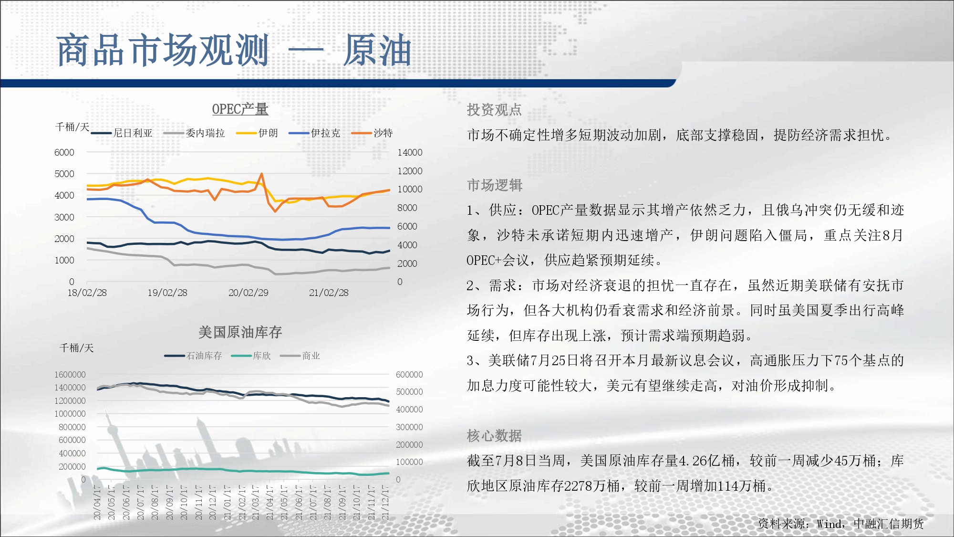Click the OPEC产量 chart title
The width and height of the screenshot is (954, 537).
[240, 109]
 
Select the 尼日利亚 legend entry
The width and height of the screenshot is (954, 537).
[122, 133]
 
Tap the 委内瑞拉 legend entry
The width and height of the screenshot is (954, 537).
[194, 133]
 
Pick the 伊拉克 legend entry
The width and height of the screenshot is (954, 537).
[314, 133]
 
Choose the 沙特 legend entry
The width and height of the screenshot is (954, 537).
[372, 133]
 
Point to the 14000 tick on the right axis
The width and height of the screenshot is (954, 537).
[410, 152]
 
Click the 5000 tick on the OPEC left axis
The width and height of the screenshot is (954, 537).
[64, 174]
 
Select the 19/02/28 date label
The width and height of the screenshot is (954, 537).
[167, 293]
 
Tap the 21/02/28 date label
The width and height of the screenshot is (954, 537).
[329, 293]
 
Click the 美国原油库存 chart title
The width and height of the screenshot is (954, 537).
[240, 332]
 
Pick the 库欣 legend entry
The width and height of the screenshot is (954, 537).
[251, 356]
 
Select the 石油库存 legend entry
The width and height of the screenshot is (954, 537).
[193, 356]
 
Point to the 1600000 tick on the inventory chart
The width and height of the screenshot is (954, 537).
[70, 375]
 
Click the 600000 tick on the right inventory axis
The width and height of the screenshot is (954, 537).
[409, 375]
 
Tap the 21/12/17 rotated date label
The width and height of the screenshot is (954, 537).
[385, 502]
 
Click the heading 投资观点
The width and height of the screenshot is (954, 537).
[494, 110]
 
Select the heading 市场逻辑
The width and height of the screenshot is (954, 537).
[494, 185]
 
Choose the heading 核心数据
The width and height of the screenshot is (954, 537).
[494, 436]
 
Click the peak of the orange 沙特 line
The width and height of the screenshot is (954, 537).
[261, 174]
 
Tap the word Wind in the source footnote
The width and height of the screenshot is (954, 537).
[829, 524]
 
